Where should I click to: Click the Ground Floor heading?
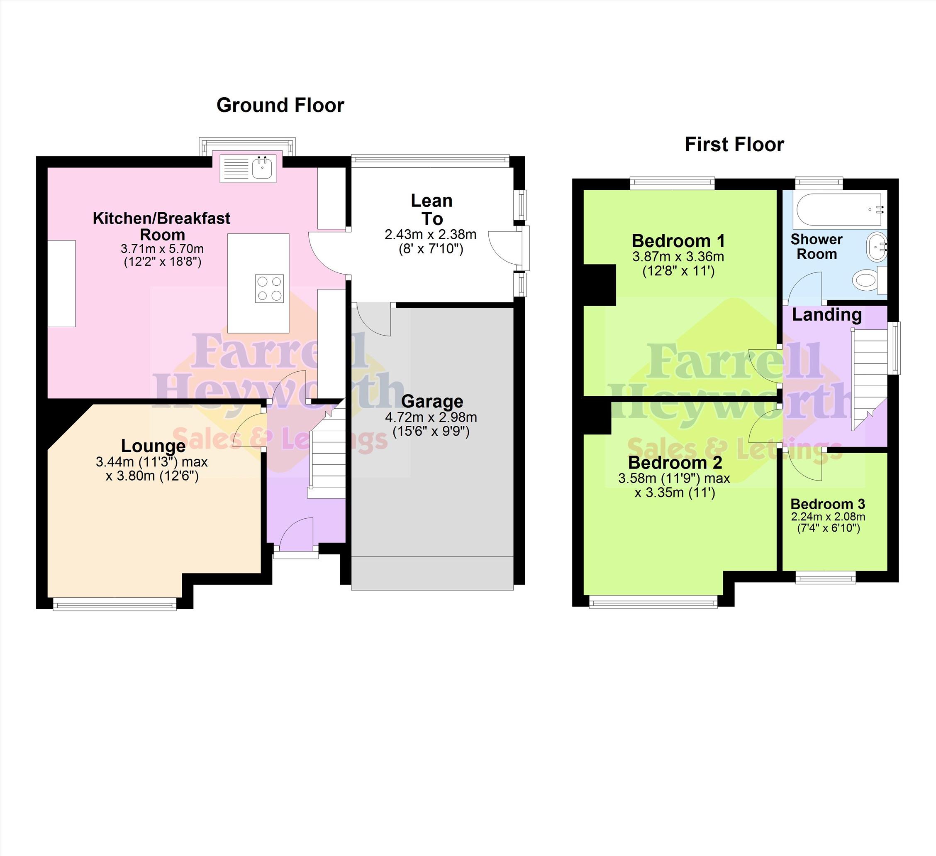280,105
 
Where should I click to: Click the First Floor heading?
734,145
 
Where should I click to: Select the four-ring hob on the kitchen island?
269,288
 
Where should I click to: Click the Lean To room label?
432,210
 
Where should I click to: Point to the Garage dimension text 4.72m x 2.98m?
431,417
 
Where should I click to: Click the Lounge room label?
153,446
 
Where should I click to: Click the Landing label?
826,314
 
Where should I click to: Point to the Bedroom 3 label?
828,504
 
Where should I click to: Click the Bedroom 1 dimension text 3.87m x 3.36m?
678,257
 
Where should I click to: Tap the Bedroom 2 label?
675,463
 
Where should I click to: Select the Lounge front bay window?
115,603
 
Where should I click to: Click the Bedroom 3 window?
826,578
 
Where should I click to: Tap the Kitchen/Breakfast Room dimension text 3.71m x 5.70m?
162,249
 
